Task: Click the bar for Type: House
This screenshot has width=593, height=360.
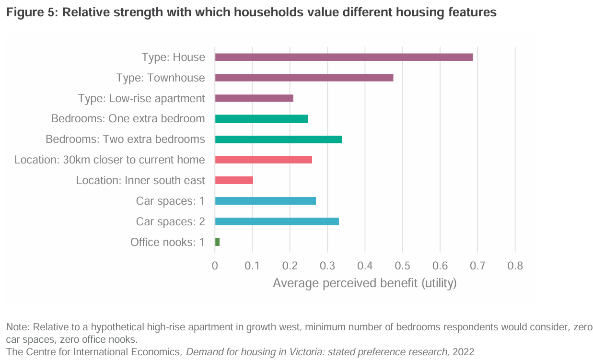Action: (x=344, y=57)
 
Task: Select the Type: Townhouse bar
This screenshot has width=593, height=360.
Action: (x=304, y=78)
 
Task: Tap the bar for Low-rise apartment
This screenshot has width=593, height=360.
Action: (x=254, y=98)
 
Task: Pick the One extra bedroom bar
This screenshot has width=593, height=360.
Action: (x=261, y=119)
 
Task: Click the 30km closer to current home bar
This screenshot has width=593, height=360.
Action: (x=263, y=160)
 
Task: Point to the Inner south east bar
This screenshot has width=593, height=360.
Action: (x=234, y=180)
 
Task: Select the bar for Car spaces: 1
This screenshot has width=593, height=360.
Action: (x=265, y=201)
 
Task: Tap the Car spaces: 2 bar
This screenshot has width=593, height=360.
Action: (x=277, y=221)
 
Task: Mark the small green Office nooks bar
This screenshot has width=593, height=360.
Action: (x=217, y=242)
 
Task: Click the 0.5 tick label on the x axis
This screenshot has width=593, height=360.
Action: (x=402, y=265)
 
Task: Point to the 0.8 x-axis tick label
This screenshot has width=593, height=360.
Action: (x=515, y=265)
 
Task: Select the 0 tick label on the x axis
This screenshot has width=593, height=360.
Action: (x=215, y=265)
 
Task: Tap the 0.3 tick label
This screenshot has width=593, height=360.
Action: (x=327, y=265)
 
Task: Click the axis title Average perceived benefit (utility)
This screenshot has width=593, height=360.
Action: (x=364, y=283)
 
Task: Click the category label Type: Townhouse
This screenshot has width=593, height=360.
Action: (x=161, y=78)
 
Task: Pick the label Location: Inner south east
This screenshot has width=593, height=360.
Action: (x=140, y=180)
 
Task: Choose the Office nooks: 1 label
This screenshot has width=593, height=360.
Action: (x=167, y=242)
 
